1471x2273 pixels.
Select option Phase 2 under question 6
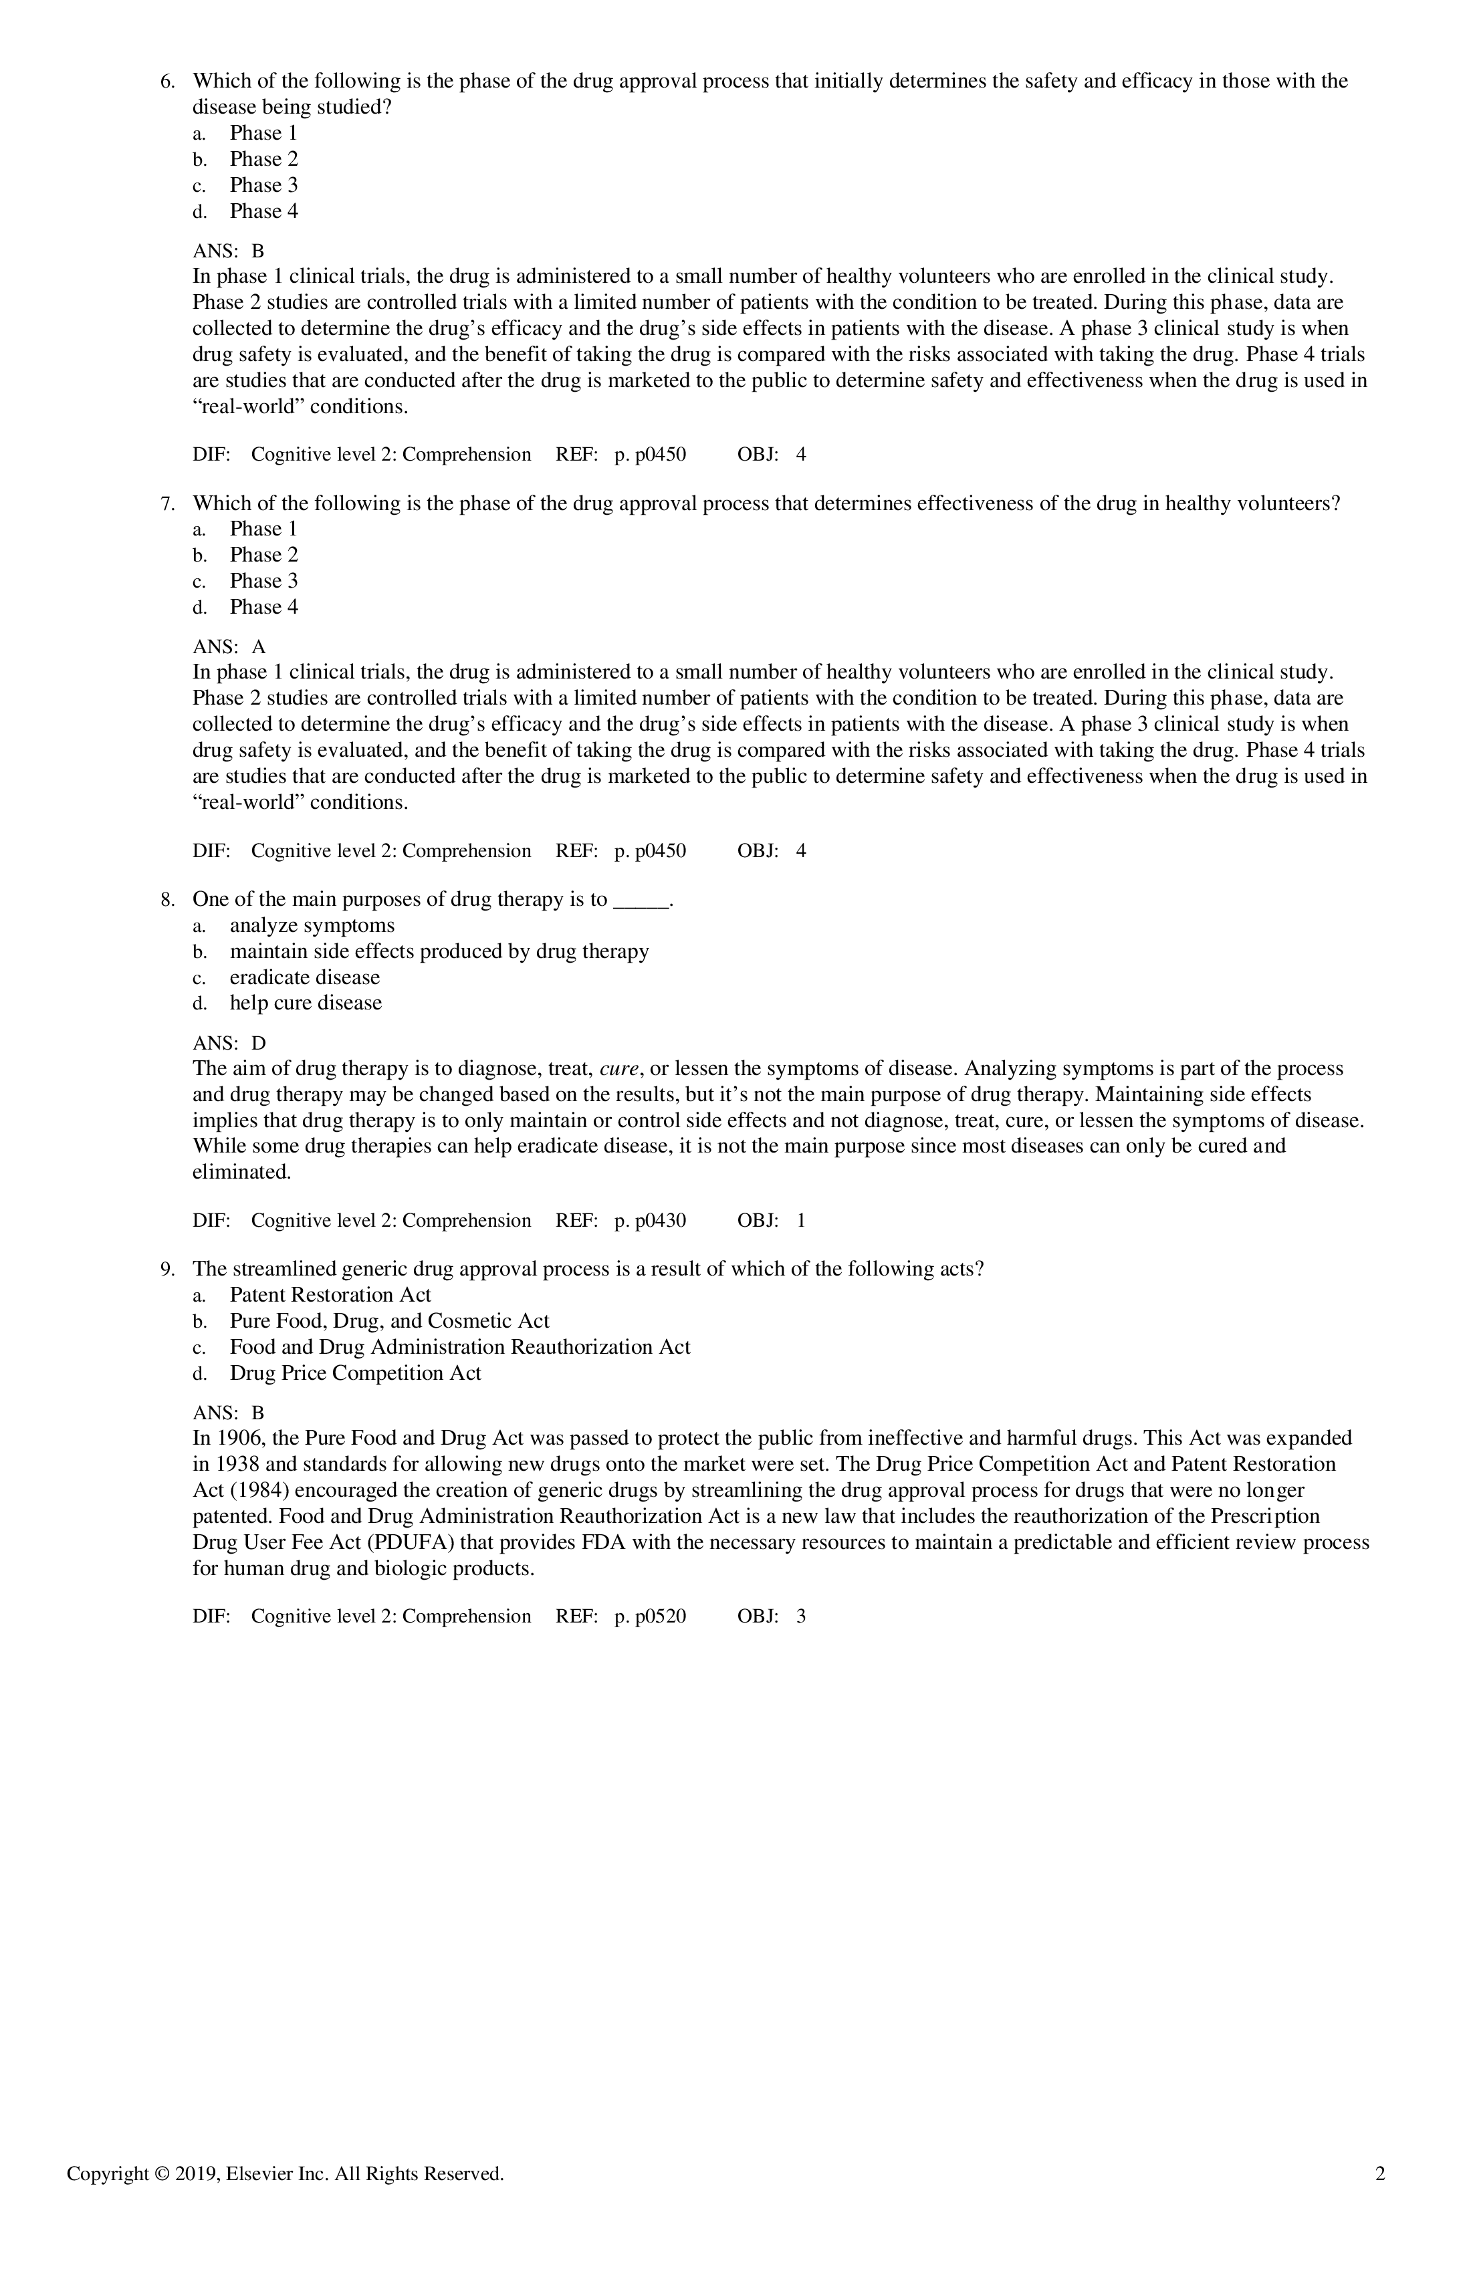pyautogui.click(x=263, y=160)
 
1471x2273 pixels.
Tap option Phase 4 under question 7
pyautogui.click(x=263, y=608)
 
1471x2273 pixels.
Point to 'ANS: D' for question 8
pyautogui.click(x=229, y=1044)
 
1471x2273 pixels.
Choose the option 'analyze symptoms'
pyautogui.click(x=312, y=925)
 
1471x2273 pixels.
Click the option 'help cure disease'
pyautogui.click(x=306, y=1003)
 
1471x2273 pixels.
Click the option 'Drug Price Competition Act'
pyautogui.click(x=355, y=1374)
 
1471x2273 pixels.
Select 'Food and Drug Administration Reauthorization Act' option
pyautogui.click(x=459, y=1348)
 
